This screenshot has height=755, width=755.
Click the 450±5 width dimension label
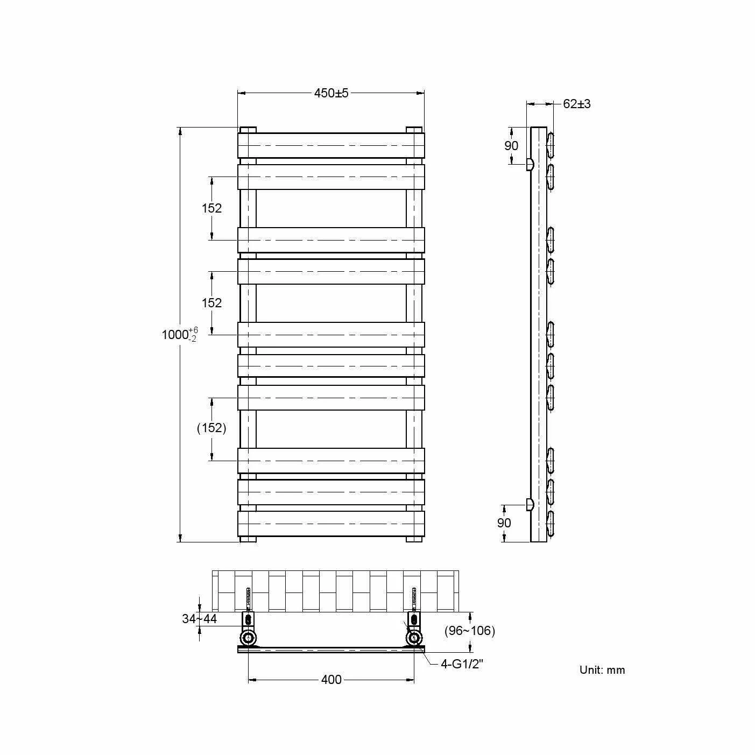point(331,93)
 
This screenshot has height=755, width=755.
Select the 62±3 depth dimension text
point(576,104)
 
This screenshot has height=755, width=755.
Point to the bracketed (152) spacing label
point(211,428)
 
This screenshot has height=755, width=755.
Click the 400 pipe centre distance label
point(331,680)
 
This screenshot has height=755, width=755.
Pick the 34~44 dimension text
point(199,619)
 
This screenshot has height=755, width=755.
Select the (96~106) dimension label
point(469,631)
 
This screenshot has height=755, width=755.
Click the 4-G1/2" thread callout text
point(462,664)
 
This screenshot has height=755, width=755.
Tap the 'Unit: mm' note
point(602,670)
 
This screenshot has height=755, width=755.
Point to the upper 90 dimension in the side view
point(511,146)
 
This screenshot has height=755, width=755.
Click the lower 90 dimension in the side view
point(504,523)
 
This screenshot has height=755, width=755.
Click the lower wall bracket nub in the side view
point(530,504)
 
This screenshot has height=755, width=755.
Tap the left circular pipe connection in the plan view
point(248,639)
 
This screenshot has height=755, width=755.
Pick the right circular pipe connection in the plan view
point(414,639)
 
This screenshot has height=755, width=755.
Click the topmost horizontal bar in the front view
point(331,145)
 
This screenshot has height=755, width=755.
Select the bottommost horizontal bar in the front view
point(331,523)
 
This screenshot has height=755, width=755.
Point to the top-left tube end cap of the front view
point(248,130)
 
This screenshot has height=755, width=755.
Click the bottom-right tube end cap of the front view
point(414,539)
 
